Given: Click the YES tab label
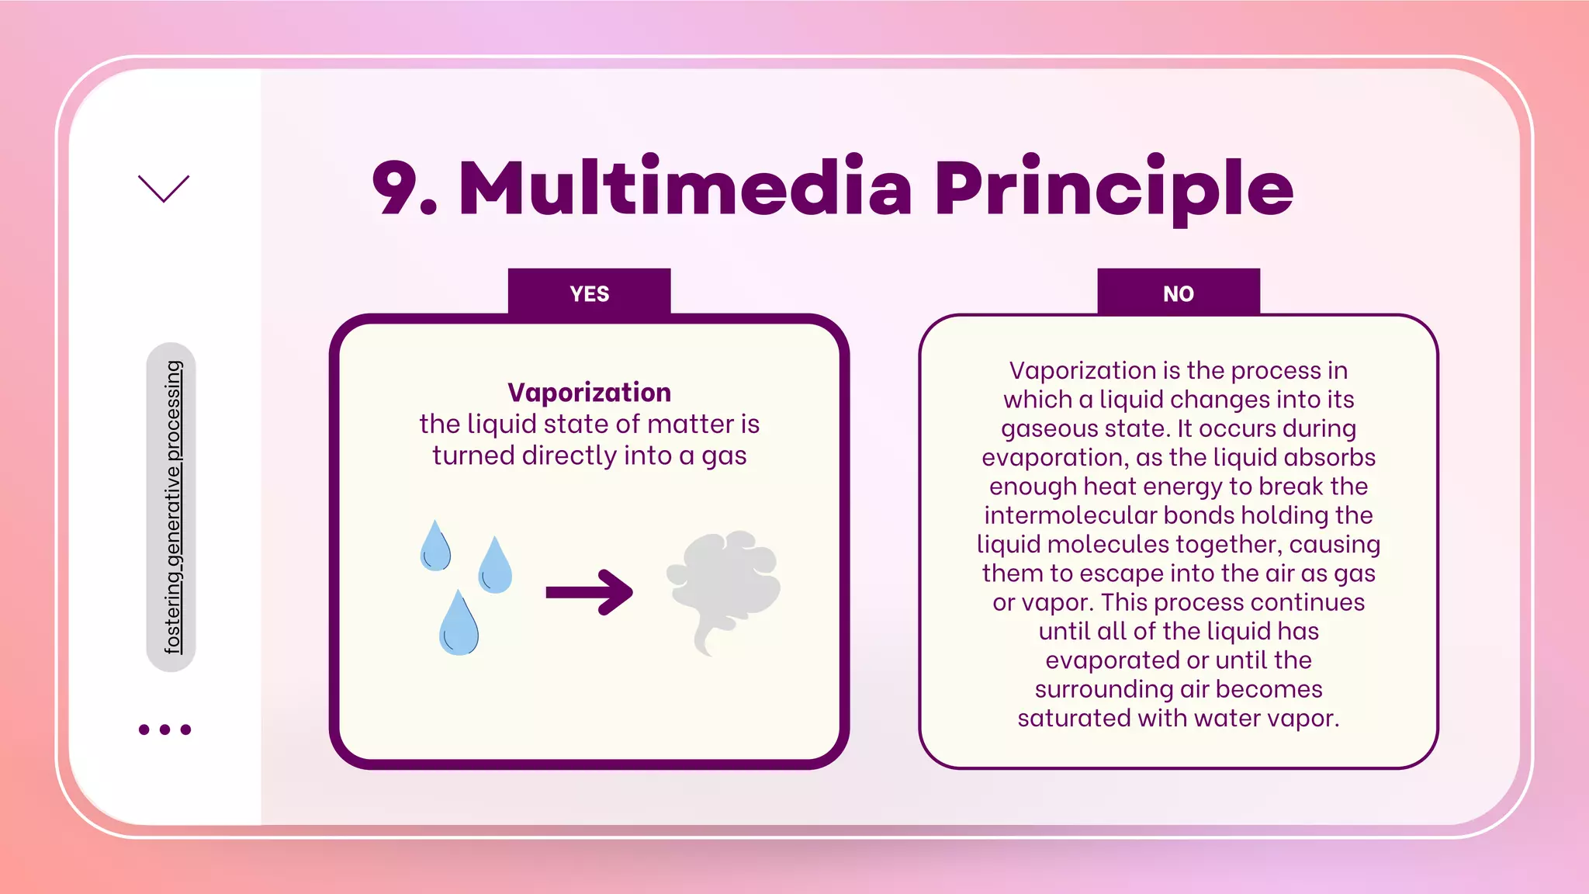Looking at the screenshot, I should (x=589, y=293).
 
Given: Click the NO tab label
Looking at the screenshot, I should (x=1178, y=293).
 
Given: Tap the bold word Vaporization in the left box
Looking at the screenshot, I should (x=589, y=393).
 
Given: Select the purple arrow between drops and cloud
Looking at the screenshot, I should (x=589, y=593).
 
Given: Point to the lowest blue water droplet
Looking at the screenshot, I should (x=459, y=624).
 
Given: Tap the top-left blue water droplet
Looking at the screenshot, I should (x=434, y=546).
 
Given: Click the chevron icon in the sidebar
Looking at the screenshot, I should (x=164, y=188).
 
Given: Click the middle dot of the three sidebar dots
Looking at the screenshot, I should (x=164, y=729).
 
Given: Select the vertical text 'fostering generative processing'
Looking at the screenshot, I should (x=172, y=507).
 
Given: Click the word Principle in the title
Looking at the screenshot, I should (x=1113, y=188).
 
